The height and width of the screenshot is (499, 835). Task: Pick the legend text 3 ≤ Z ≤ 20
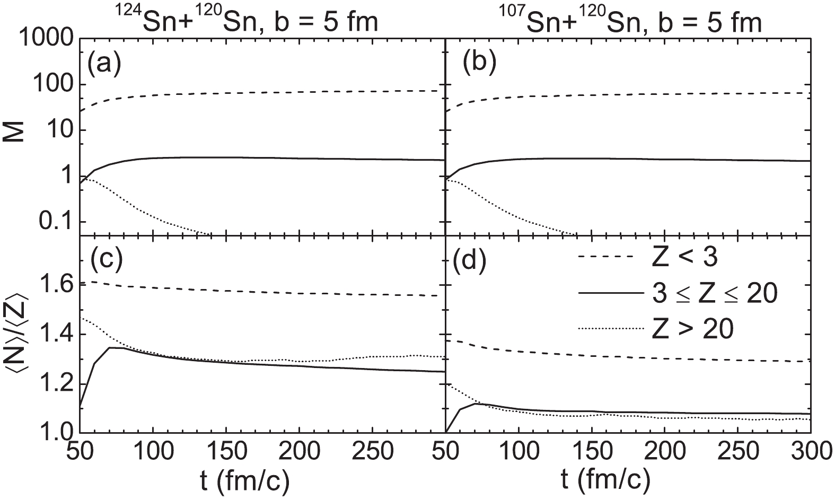[x=715, y=294]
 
